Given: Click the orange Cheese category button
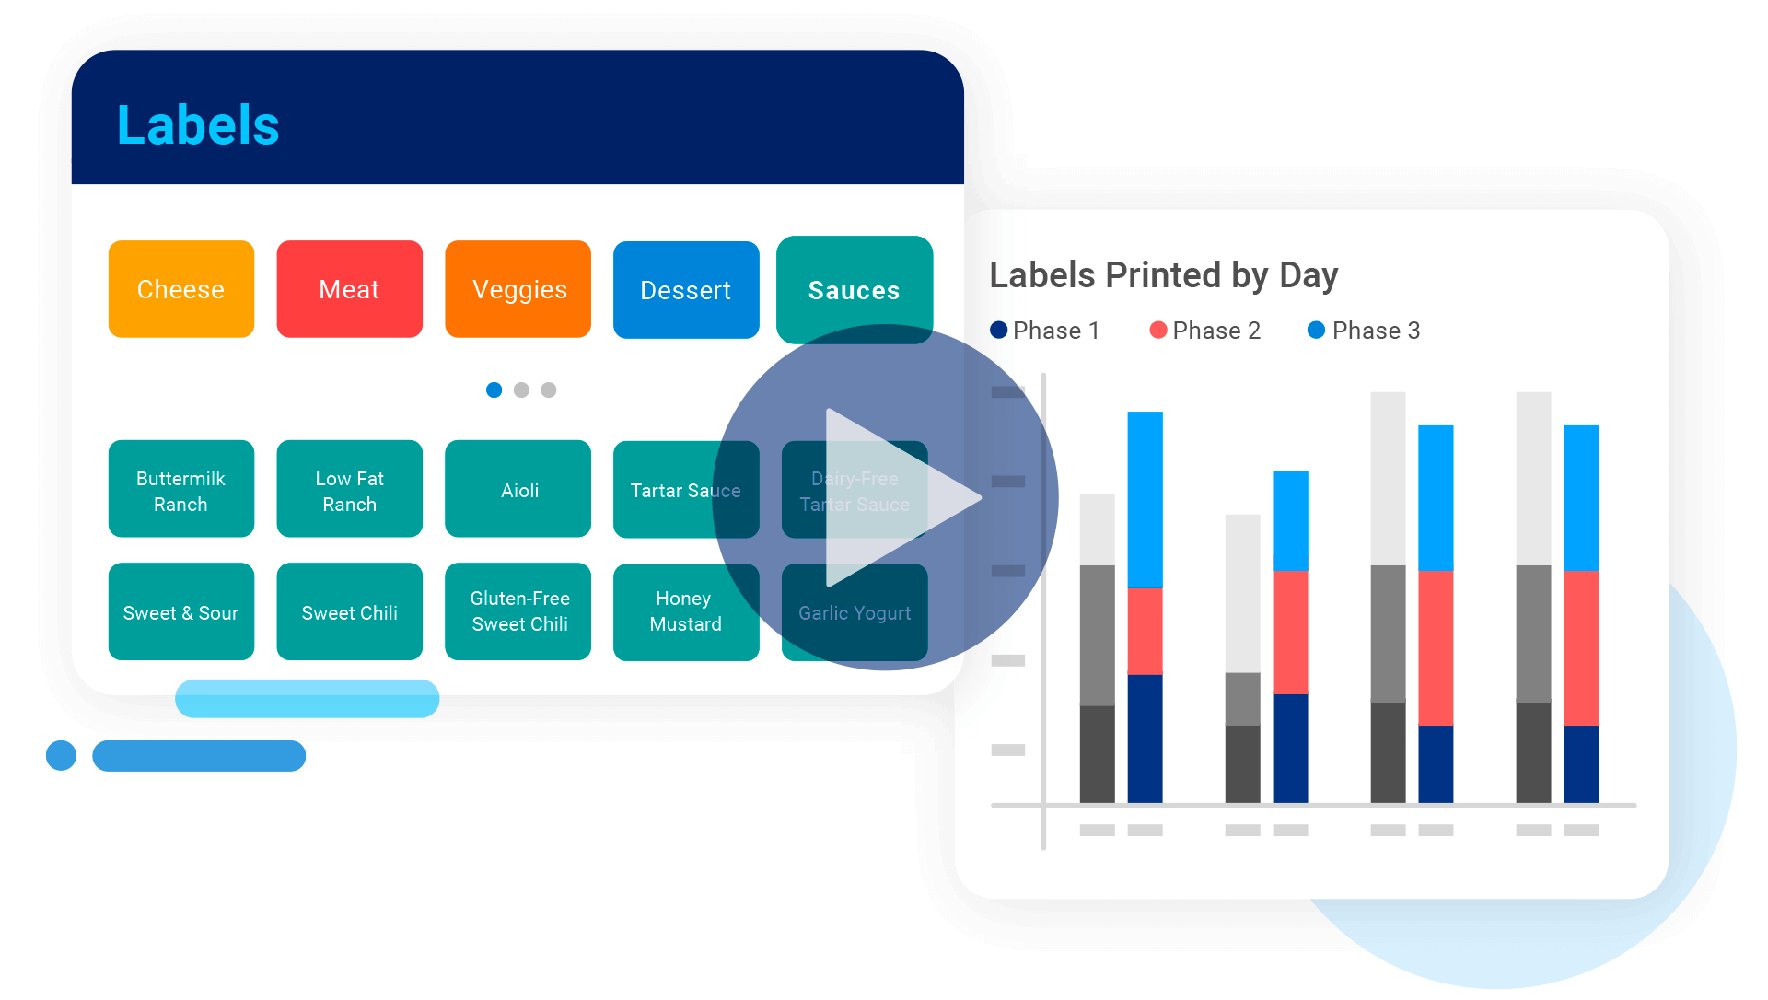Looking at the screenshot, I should (181, 289).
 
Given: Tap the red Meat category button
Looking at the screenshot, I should (349, 289).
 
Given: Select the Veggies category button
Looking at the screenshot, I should (518, 289).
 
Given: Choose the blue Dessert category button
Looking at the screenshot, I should (686, 290).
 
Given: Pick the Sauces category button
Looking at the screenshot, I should (854, 289).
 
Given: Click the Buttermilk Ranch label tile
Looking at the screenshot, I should (181, 489).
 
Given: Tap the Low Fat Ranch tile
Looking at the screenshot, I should (349, 489).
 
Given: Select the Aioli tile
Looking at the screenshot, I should (518, 489).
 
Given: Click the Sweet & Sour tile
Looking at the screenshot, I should (181, 611).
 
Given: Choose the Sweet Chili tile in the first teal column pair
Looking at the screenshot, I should (349, 611).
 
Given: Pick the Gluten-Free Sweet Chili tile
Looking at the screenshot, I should (518, 611).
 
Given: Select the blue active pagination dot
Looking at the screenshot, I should (494, 390).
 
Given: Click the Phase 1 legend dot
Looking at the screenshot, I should (999, 330).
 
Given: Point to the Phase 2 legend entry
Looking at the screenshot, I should (1205, 331).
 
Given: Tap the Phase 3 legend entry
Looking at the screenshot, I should (1365, 331).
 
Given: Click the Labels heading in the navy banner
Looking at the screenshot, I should (198, 125).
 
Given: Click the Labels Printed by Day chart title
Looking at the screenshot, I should (1163, 275).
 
